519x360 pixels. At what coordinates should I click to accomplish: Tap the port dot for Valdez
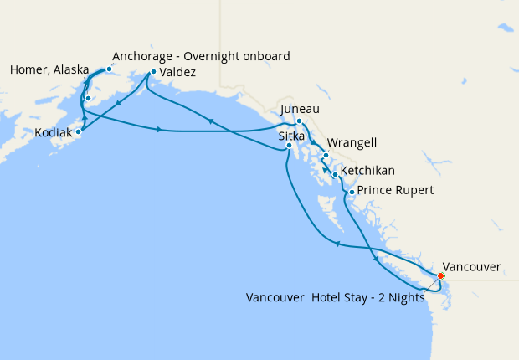tap(153, 72)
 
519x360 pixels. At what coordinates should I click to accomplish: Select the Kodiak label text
tap(54, 132)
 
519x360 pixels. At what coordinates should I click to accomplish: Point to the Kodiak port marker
tap(79, 131)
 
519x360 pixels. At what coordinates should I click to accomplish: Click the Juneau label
tap(300, 109)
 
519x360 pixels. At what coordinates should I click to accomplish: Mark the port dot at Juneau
tap(299, 121)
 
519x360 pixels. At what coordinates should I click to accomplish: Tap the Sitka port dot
tap(289, 146)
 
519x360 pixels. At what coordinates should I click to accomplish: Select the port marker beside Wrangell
tap(325, 156)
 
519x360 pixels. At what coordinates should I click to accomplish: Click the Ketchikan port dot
tap(334, 175)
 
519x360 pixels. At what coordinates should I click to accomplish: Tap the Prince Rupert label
tap(395, 191)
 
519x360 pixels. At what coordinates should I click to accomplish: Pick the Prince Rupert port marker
tap(352, 193)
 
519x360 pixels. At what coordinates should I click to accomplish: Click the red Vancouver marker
tap(441, 275)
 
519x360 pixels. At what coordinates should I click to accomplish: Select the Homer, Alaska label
tap(49, 70)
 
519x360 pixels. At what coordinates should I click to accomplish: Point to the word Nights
tap(403, 297)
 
